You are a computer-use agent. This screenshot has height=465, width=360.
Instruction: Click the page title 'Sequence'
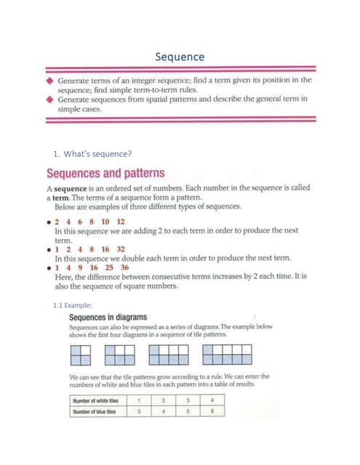[180, 57]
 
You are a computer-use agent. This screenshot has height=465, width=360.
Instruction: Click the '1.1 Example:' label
[73, 306]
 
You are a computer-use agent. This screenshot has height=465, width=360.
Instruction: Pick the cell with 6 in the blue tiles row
[212, 412]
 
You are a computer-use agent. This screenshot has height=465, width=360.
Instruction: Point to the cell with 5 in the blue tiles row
[188, 412]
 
